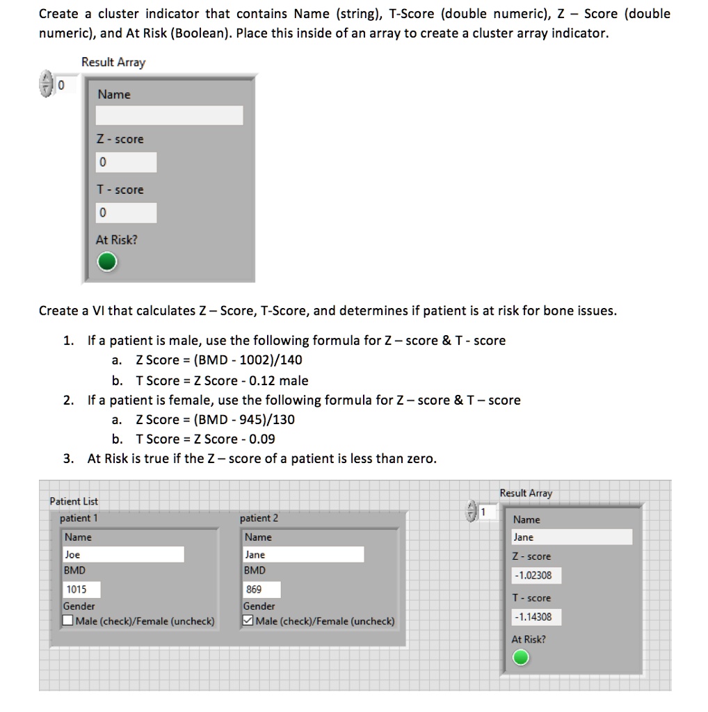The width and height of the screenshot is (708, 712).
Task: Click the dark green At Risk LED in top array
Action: [106, 262]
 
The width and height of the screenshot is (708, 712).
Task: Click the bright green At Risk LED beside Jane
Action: [520, 657]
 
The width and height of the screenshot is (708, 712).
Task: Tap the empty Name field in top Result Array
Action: [169, 115]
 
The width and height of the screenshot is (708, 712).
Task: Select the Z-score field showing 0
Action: [126, 163]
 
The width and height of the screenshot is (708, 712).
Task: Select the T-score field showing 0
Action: [126, 213]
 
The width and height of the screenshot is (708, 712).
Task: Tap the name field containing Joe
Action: [123, 554]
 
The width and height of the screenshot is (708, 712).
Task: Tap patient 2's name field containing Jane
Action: [303, 554]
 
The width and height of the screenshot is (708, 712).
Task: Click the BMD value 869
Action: [262, 590]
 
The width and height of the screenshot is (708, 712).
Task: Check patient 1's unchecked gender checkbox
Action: [68, 621]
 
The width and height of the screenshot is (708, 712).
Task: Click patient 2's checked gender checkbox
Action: [248, 621]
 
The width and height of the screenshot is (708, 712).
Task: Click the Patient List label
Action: [74, 501]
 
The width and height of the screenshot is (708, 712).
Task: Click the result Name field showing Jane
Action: [572, 537]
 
